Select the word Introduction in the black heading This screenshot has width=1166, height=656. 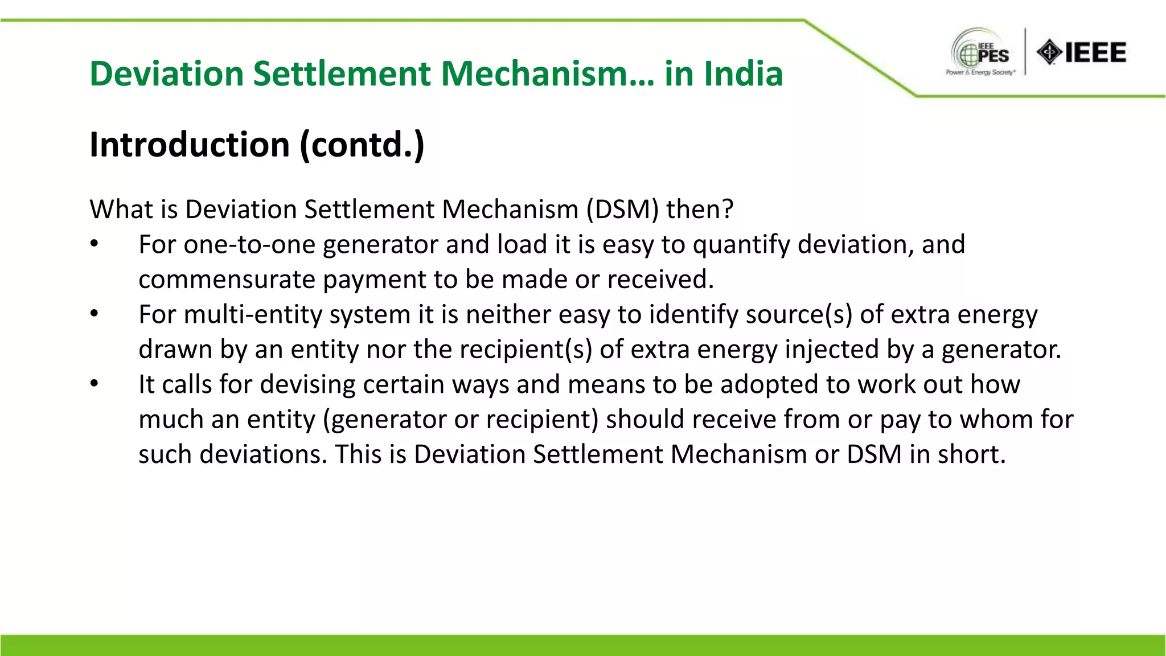tap(190, 145)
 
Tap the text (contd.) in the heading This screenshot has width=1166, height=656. tap(362, 145)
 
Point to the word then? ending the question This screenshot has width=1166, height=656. tap(700, 210)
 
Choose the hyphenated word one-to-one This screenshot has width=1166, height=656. tap(249, 245)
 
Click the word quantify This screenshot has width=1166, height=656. tap(741, 245)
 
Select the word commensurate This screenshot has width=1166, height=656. tap(227, 280)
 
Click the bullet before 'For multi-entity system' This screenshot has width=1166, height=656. tap(95, 314)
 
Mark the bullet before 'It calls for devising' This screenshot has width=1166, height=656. tap(95, 384)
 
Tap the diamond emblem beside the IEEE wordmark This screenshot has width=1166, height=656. tap(1049, 53)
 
